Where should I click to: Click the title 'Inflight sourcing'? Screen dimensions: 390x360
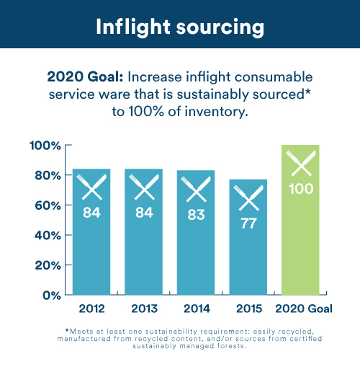[x=180, y=27]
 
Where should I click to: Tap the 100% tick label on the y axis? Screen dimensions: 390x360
[x=45, y=146]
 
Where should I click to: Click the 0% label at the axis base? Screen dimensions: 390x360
[x=50, y=295]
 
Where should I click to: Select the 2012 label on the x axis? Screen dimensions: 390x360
[x=91, y=309]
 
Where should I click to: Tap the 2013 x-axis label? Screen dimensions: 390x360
[x=143, y=309]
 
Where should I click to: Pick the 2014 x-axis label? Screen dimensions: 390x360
[x=196, y=309]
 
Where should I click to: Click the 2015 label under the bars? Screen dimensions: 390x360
[x=248, y=309]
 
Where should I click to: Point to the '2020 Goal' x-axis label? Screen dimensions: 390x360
[x=300, y=309]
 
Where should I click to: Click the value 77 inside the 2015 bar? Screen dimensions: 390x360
[x=248, y=223]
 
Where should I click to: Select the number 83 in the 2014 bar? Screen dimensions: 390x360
[x=196, y=213]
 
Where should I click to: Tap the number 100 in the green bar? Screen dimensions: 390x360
[x=300, y=189]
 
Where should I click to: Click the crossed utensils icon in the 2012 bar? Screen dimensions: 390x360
[x=91, y=187]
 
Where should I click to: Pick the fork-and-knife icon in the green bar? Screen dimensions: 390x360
[x=300, y=164]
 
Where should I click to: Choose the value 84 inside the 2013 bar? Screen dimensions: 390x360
[x=143, y=212]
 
